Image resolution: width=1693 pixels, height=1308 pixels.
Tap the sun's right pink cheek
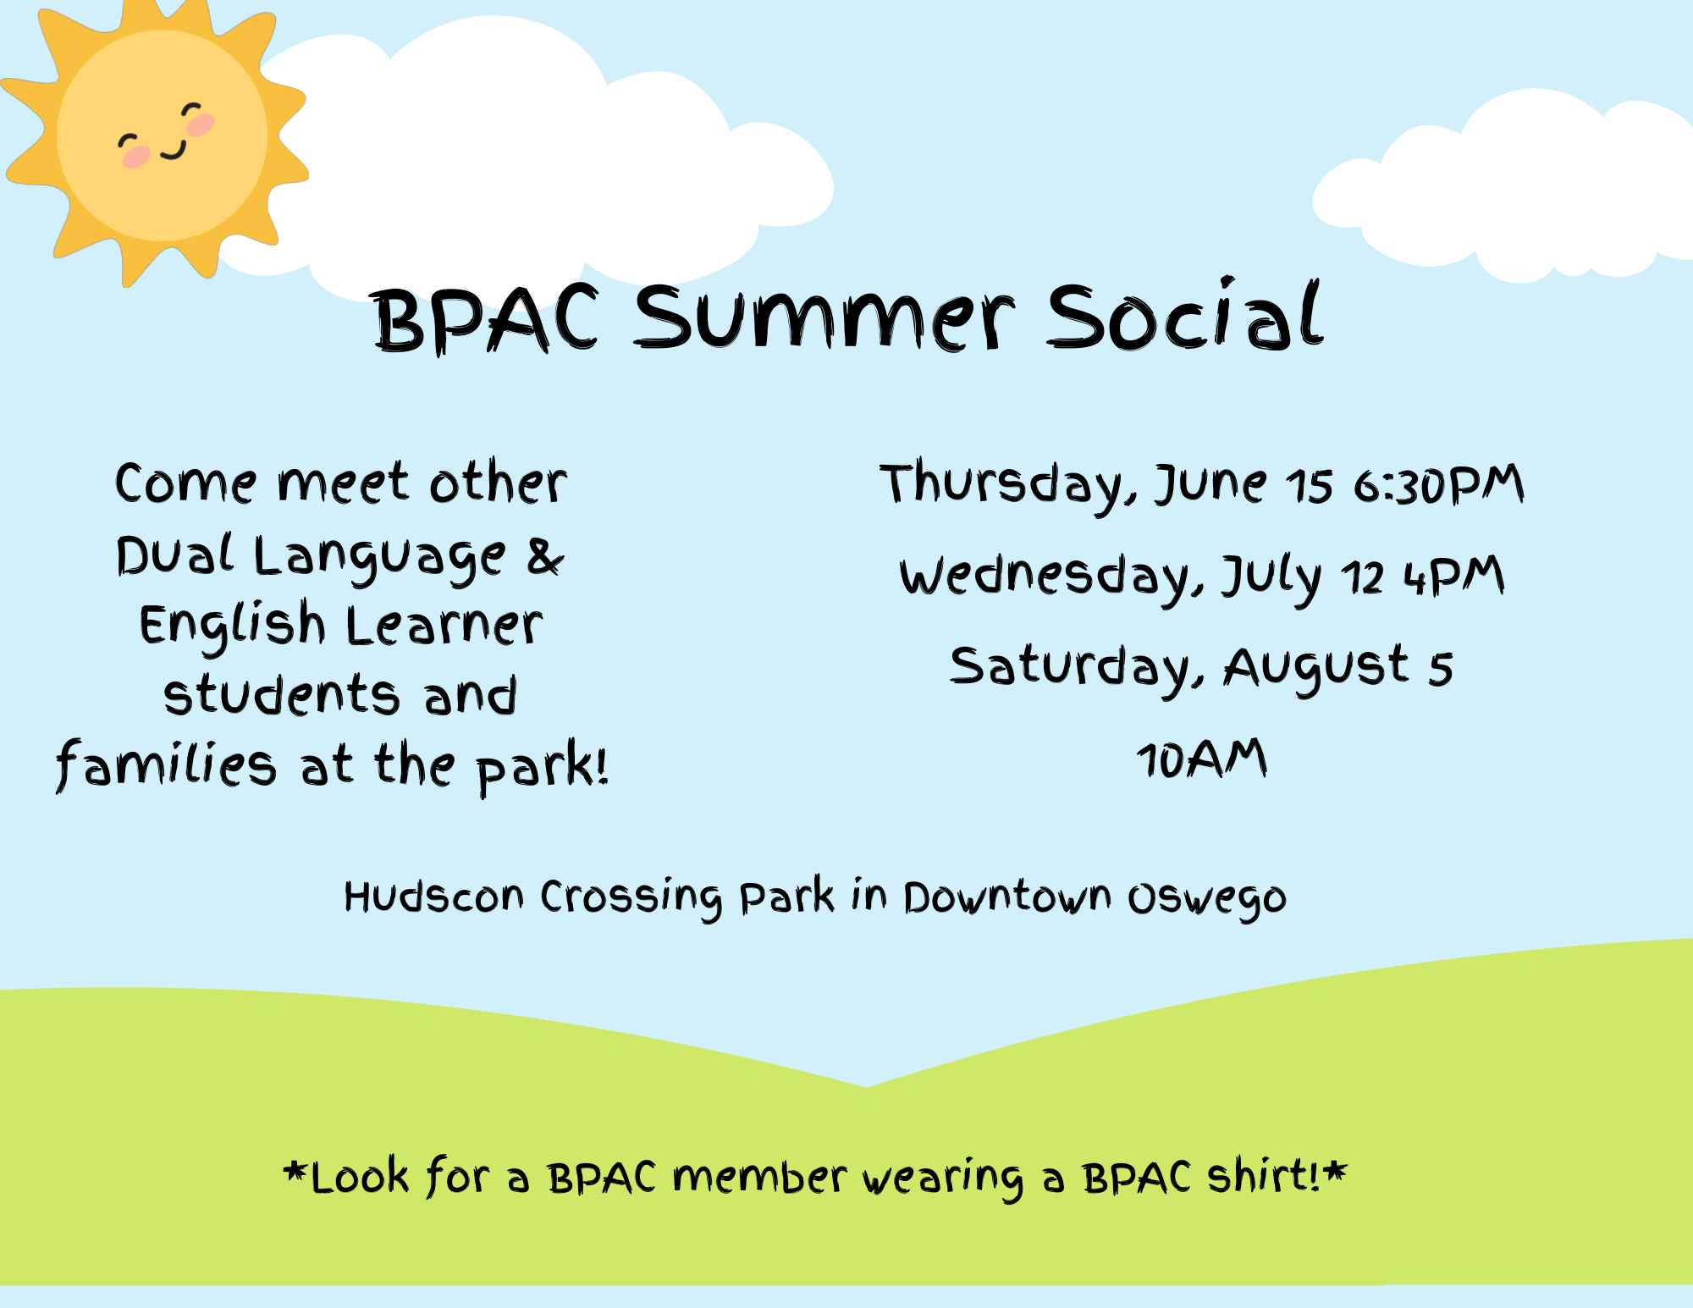click(201, 125)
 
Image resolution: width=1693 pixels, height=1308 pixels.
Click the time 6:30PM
click(1438, 486)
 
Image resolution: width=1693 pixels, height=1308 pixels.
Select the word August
click(1316, 669)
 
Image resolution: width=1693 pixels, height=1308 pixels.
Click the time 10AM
click(1202, 759)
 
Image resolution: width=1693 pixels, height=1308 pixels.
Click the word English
click(232, 626)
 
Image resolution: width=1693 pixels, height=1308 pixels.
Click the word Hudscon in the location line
click(433, 897)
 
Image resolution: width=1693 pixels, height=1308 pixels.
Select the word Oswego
click(1207, 899)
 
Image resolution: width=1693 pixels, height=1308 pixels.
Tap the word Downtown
click(1007, 897)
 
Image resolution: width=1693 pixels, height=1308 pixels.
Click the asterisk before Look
click(295, 1172)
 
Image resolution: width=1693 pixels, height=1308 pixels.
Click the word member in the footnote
click(759, 1177)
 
